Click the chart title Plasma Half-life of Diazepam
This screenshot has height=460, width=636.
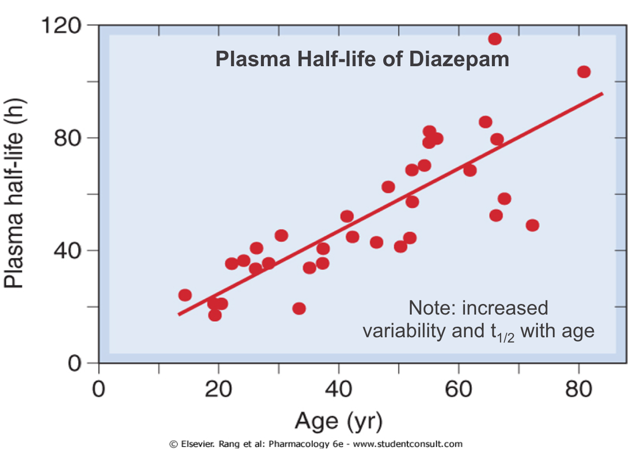tap(362, 59)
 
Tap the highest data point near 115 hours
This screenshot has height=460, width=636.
tap(494, 39)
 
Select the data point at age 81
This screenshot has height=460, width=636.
tap(584, 72)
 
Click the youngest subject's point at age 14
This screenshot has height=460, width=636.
tap(185, 295)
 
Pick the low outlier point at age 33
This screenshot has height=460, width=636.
tap(299, 308)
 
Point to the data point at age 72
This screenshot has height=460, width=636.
tap(532, 225)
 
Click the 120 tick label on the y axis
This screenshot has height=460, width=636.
tap(61, 25)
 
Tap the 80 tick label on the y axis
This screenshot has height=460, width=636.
tap(67, 138)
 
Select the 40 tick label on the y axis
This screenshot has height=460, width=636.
tap(67, 251)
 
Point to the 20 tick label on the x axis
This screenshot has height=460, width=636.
tap(218, 388)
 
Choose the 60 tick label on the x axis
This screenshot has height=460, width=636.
tap(458, 388)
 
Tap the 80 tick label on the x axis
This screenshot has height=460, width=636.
tap(578, 388)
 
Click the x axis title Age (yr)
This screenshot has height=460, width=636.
tap(338, 421)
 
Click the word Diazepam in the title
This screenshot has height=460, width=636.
tap(459, 59)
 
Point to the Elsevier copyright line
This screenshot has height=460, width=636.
tap(316, 444)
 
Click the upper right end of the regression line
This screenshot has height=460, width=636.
tap(602, 93)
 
